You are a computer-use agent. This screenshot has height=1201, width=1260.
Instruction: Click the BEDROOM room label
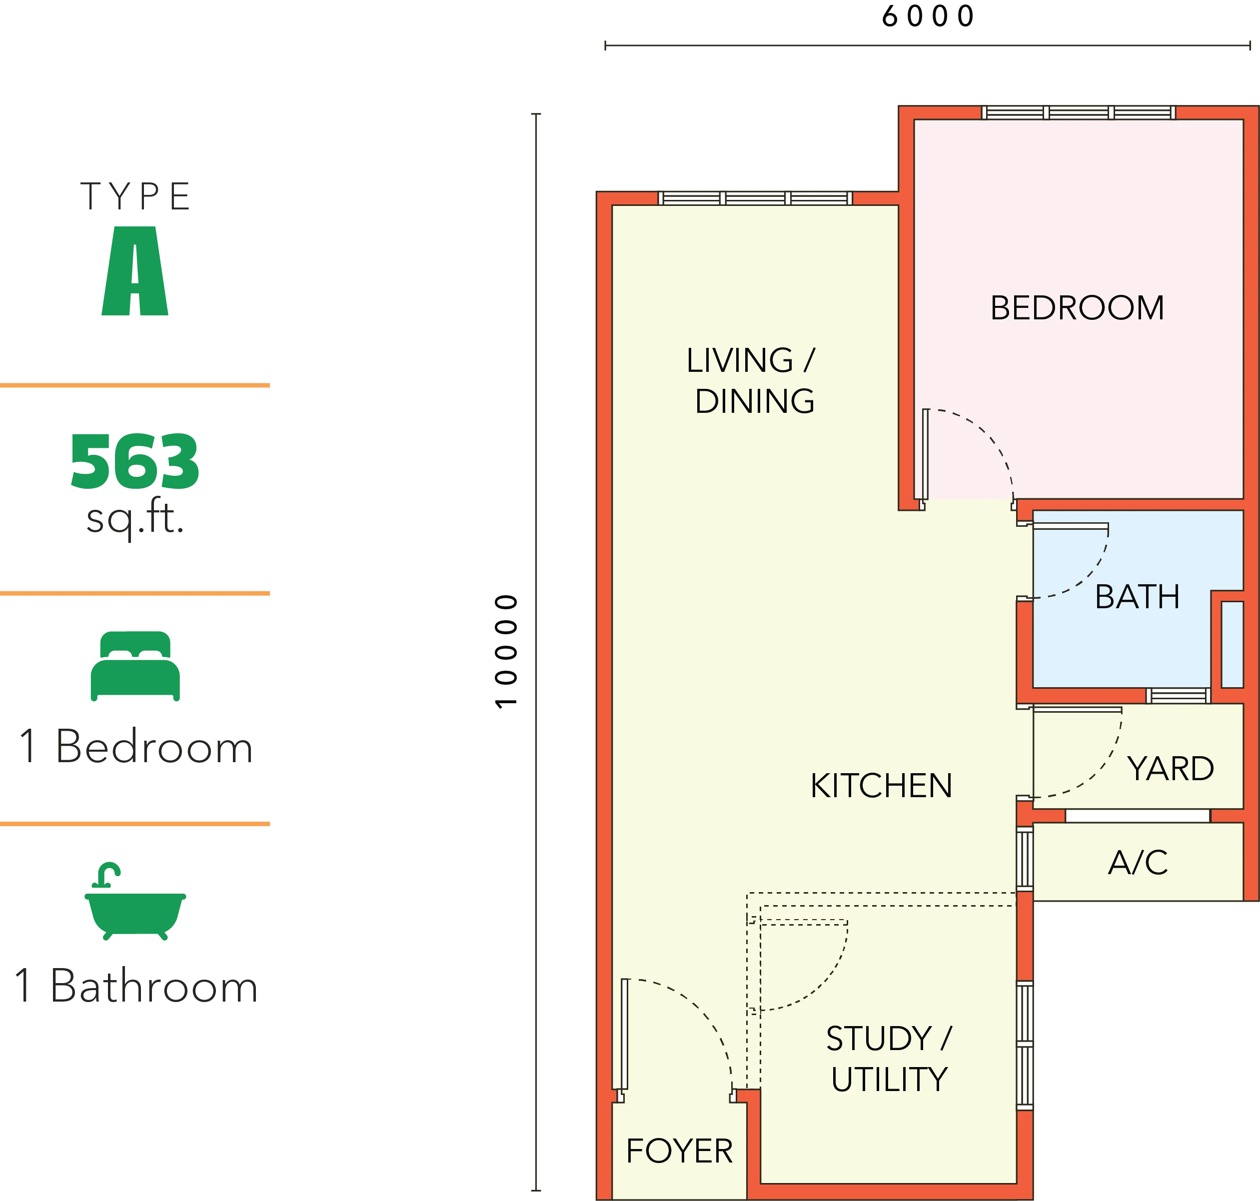pos(1077,308)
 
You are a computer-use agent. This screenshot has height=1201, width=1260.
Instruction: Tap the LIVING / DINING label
pos(752,381)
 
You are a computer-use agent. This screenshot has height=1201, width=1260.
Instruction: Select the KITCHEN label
pos(881,786)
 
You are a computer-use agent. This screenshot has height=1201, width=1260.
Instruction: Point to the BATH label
pos(1137,597)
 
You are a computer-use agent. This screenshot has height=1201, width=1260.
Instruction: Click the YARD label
pos(1171,768)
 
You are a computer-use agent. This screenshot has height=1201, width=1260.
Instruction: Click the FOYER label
pos(679,1151)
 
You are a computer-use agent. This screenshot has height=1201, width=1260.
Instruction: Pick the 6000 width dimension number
pos(928,16)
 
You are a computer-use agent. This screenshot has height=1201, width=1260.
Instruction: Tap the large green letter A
pos(134,271)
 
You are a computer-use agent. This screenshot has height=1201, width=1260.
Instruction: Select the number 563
pos(135,462)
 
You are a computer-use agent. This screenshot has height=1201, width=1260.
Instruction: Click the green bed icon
pos(135,666)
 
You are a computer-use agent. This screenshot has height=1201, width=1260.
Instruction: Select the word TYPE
pos(135,196)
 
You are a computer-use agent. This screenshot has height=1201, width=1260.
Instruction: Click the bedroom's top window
pos(1079,112)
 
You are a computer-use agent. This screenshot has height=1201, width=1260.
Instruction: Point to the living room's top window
pos(756,198)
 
